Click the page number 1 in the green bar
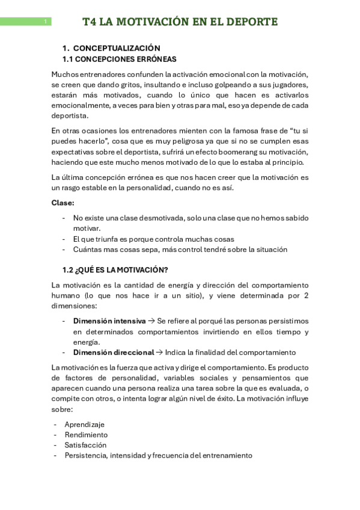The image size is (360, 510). coord(45,22)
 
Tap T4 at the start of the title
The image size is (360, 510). coord(90,22)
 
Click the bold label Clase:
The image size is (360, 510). coord(63,203)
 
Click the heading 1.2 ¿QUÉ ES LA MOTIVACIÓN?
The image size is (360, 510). coord(115,269)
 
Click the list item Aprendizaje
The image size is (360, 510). coord(84,424)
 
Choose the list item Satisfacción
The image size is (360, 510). coord(85,445)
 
